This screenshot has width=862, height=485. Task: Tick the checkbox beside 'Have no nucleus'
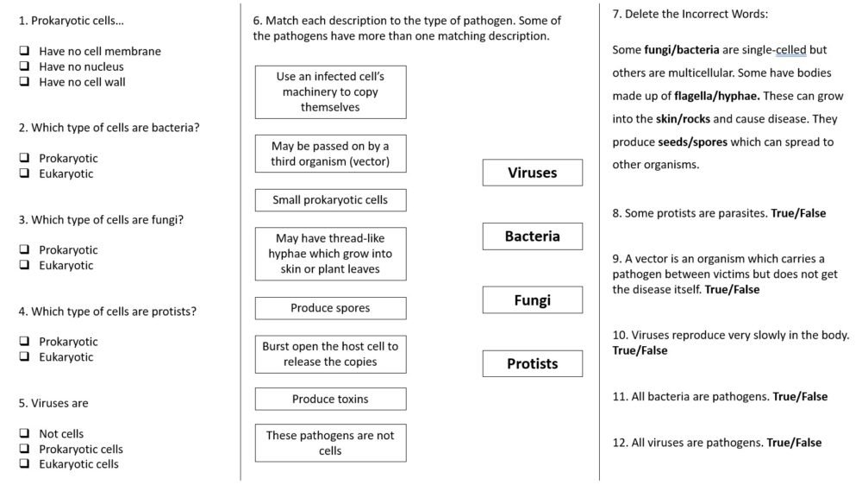tap(25, 66)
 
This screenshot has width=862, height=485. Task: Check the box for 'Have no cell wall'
tap(25, 82)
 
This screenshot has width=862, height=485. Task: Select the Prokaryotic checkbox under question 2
tap(25, 158)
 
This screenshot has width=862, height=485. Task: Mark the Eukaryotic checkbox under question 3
tap(25, 266)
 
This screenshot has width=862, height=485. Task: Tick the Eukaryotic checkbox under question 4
tap(25, 357)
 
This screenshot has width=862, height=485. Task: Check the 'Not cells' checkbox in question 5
tap(25, 434)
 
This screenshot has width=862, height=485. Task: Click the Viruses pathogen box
tap(532, 173)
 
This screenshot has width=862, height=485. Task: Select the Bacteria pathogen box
tap(532, 236)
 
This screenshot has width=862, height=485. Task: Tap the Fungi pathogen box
tap(532, 300)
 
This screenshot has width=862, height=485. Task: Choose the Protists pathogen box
tap(532, 364)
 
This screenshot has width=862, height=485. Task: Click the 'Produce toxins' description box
tap(330, 399)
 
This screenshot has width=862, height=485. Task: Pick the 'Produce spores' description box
tap(330, 308)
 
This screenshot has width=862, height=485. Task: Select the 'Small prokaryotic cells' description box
tap(330, 200)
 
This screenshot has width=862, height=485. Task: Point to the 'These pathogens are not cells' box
tap(330, 443)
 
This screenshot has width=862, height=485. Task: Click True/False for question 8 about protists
tap(798, 213)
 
